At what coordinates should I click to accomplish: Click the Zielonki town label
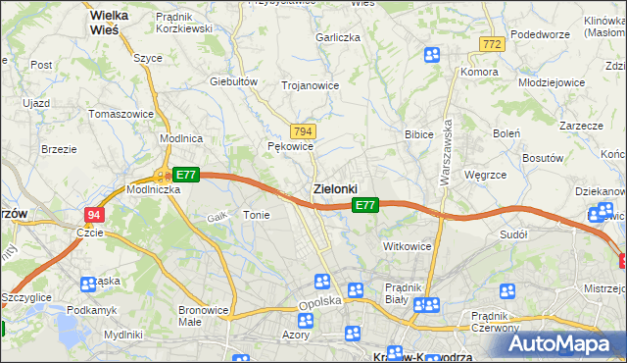(335, 188)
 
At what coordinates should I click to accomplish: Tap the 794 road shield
(303, 131)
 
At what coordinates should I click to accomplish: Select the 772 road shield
(492, 44)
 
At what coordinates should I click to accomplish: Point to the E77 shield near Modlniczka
(186, 175)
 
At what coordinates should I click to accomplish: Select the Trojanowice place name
(310, 85)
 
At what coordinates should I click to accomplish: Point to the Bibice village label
(419, 133)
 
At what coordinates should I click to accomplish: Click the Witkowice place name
(408, 245)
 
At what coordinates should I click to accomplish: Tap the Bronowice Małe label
(203, 316)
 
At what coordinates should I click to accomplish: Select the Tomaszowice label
(121, 114)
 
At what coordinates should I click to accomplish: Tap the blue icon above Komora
(432, 55)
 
